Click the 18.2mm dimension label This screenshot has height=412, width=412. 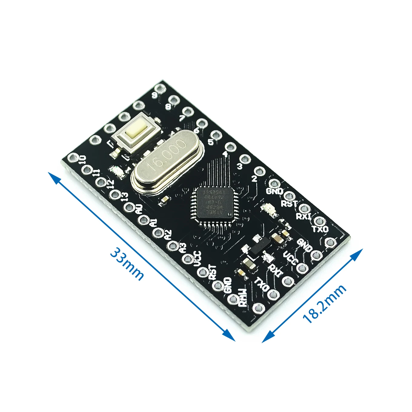324,304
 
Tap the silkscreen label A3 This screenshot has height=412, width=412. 183,248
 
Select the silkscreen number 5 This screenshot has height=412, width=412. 211,142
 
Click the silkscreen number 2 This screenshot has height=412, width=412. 254,179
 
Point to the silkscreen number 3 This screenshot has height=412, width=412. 240,166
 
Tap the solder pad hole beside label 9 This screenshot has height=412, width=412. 159,88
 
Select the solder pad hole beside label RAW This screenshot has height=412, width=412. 233,299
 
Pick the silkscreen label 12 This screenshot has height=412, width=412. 110,183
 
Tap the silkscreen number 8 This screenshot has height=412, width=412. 169,106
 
